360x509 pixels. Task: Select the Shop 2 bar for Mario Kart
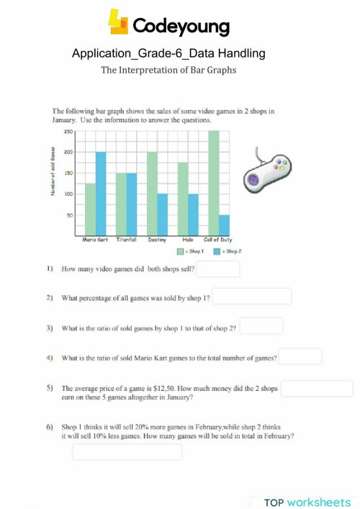(x=100, y=194)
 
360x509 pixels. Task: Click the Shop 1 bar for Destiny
(x=152, y=194)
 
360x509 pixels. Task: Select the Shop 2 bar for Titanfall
(x=131, y=204)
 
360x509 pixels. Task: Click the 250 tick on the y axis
(x=68, y=132)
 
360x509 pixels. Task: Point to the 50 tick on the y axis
(x=69, y=215)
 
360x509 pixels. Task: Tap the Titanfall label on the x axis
(x=126, y=240)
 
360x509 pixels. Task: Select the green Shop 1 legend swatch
(x=181, y=252)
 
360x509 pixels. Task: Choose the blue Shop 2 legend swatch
(x=217, y=252)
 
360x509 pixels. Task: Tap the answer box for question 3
(x=261, y=326)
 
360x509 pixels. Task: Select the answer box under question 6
(x=127, y=452)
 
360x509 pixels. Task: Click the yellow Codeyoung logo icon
(x=117, y=22)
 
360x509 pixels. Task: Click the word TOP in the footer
(x=275, y=501)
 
